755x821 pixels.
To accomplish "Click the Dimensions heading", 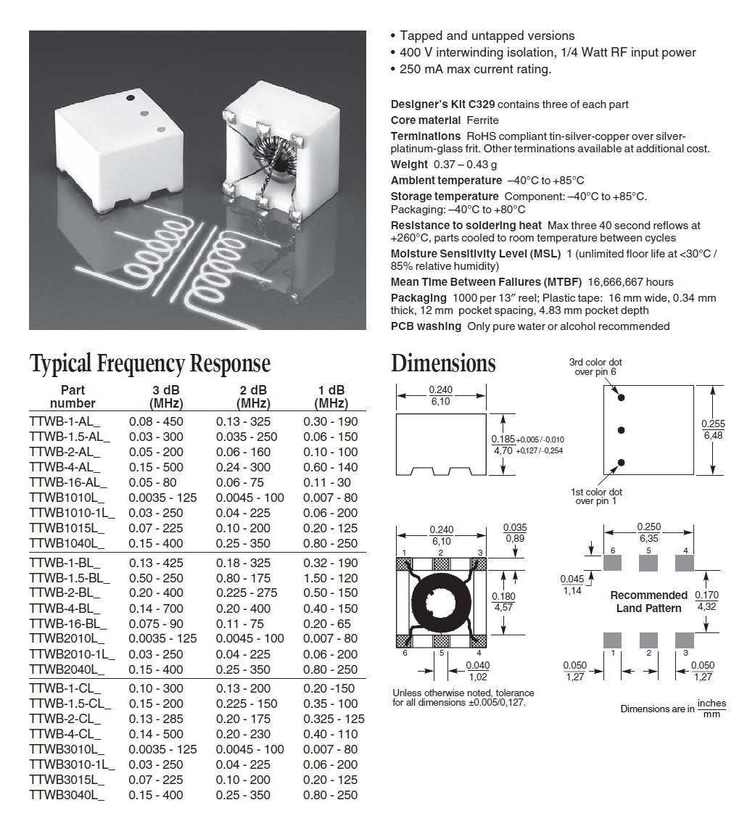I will coord(443,363).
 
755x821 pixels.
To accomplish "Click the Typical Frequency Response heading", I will coord(149,363).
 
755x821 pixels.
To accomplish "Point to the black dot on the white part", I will coord(131,96).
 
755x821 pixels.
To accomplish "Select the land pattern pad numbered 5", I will coord(648,561).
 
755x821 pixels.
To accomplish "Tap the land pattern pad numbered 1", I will coord(613,640).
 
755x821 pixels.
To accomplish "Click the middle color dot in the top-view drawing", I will coord(621,430).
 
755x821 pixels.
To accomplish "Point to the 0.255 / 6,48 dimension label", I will coord(712,429).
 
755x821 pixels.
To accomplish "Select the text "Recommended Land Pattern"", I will coord(648,601).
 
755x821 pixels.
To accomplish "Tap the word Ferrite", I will coord(482,120).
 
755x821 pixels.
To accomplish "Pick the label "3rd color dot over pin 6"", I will coord(595,367).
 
